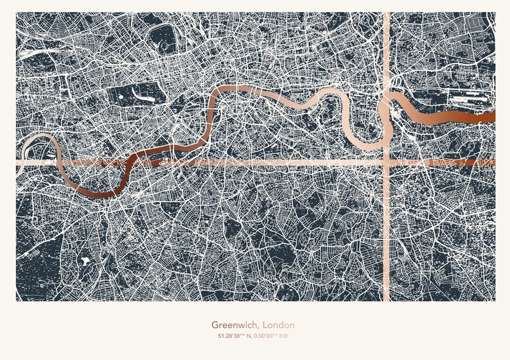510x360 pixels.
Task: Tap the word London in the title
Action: click(x=279, y=325)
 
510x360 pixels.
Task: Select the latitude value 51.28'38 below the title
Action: click(x=225, y=336)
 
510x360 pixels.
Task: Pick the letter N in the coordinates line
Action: click(x=245, y=336)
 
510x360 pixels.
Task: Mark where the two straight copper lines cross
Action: click(x=387, y=162)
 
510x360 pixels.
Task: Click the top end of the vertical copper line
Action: click(x=387, y=14)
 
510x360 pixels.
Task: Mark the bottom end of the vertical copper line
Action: click(x=387, y=299)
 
